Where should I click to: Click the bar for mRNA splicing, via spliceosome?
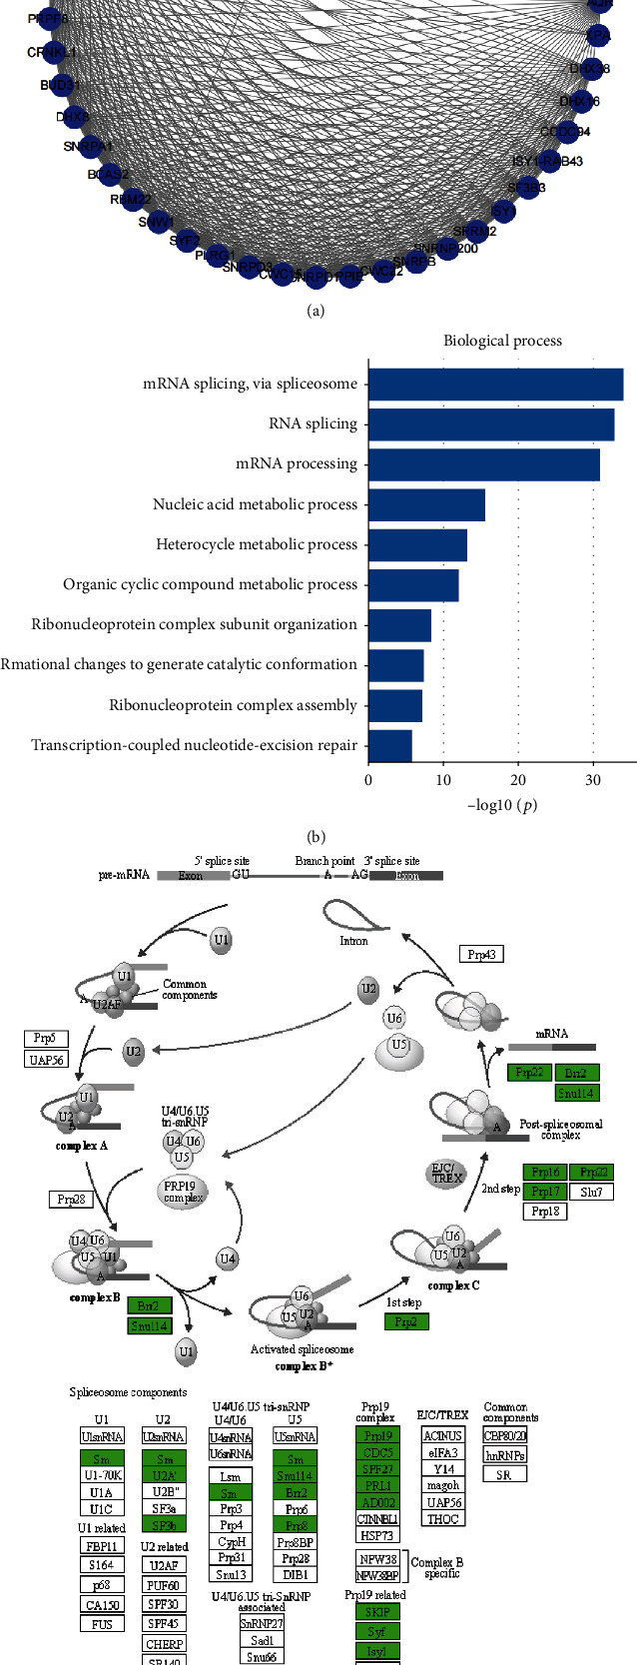tap(495, 385)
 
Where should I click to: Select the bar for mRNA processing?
tap(483, 464)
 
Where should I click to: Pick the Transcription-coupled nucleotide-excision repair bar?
tap(389, 745)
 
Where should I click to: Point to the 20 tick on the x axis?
tap(518, 780)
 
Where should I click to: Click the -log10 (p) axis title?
tap(502, 805)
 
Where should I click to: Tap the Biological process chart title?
tap(502, 341)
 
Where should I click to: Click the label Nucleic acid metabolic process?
tap(255, 504)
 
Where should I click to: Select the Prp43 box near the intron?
tap(481, 954)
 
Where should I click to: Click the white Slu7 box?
tap(591, 1192)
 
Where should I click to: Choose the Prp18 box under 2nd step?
tap(545, 1211)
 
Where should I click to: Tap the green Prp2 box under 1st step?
tap(405, 1321)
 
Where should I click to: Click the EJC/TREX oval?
tap(446, 1174)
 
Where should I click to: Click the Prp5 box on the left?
tap(45, 1039)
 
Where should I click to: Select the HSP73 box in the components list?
tap(376, 1535)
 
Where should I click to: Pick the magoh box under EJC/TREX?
tap(442, 1485)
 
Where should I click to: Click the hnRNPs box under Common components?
tap(504, 1455)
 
